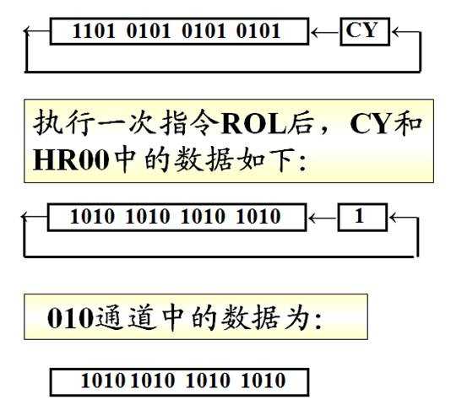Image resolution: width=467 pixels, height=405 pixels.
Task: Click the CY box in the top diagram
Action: point(365,31)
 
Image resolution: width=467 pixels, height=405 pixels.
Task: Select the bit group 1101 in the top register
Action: point(94,31)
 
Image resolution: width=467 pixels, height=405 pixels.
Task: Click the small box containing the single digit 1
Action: point(362,217)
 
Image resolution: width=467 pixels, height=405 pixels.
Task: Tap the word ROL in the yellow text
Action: point(253,124)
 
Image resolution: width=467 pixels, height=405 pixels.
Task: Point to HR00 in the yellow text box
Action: point(71,160)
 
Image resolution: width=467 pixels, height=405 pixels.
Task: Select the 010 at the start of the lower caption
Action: point(71,318)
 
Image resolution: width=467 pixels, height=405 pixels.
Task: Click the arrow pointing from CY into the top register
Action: point(324,32)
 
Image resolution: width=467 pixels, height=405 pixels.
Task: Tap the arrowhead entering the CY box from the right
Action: point(396,32)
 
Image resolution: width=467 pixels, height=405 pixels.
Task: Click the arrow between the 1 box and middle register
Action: point(323,219)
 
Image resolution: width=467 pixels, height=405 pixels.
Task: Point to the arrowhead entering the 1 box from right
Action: point(394,218)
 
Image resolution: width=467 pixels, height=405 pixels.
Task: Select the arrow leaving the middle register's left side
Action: point(35,216)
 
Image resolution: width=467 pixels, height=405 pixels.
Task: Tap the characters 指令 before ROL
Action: point(189,123)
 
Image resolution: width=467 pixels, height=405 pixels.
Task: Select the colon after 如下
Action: point(302,164)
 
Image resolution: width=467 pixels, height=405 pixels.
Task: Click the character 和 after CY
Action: point(407,123)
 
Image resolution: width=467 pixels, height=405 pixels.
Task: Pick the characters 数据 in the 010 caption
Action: point(251,318)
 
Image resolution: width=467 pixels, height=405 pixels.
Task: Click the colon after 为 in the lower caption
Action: point(318,321)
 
